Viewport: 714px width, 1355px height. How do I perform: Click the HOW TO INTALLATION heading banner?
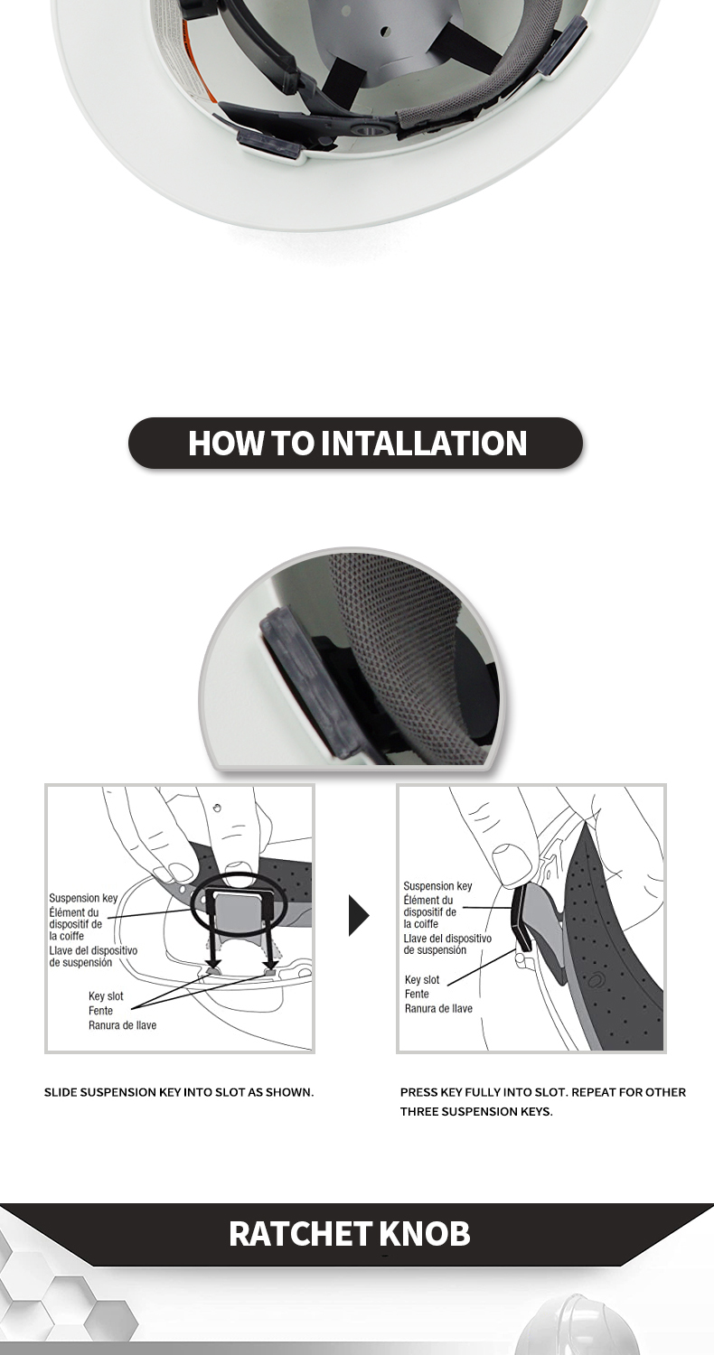click(x=356, y=443)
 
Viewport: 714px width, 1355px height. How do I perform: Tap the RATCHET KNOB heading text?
click(x=350, y=1234)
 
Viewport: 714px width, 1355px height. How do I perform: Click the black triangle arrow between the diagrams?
click(x=358, y=915)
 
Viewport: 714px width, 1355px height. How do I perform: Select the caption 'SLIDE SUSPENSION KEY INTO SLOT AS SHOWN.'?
click(x=179, y=1092)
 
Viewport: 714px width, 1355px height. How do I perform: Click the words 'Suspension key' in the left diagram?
click(x=83, y=898)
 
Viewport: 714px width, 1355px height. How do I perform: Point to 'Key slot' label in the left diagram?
click(x=106, y=995)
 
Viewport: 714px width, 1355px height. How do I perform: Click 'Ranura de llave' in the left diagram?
click(x=122, y=1024)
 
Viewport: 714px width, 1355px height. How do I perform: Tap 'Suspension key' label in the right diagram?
click(x=437, y=885)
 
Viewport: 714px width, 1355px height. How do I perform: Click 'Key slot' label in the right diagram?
click(x=422, y=979)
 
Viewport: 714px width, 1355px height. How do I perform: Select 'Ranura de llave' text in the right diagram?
click(x=438, y=1008)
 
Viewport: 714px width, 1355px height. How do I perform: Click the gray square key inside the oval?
click(x=238, y=912)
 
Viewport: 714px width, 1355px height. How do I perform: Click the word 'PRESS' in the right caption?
click(x=418, y=1092)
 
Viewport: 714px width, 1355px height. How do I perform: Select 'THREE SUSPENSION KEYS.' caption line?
click(x=476, y=1112)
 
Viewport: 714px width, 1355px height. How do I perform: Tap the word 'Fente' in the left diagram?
click(x=100, y=1010)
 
